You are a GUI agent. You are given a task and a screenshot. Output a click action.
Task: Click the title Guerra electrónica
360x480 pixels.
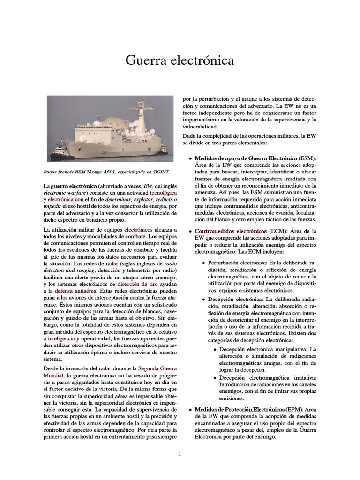point(180,60)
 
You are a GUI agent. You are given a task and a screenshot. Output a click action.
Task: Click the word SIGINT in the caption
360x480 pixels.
point(160,172)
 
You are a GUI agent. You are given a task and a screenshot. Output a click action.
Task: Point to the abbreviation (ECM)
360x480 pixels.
point(278,231)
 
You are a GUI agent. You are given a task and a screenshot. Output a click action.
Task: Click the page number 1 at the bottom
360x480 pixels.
point(180,453)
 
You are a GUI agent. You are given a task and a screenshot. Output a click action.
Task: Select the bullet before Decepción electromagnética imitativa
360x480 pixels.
point(215,378)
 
